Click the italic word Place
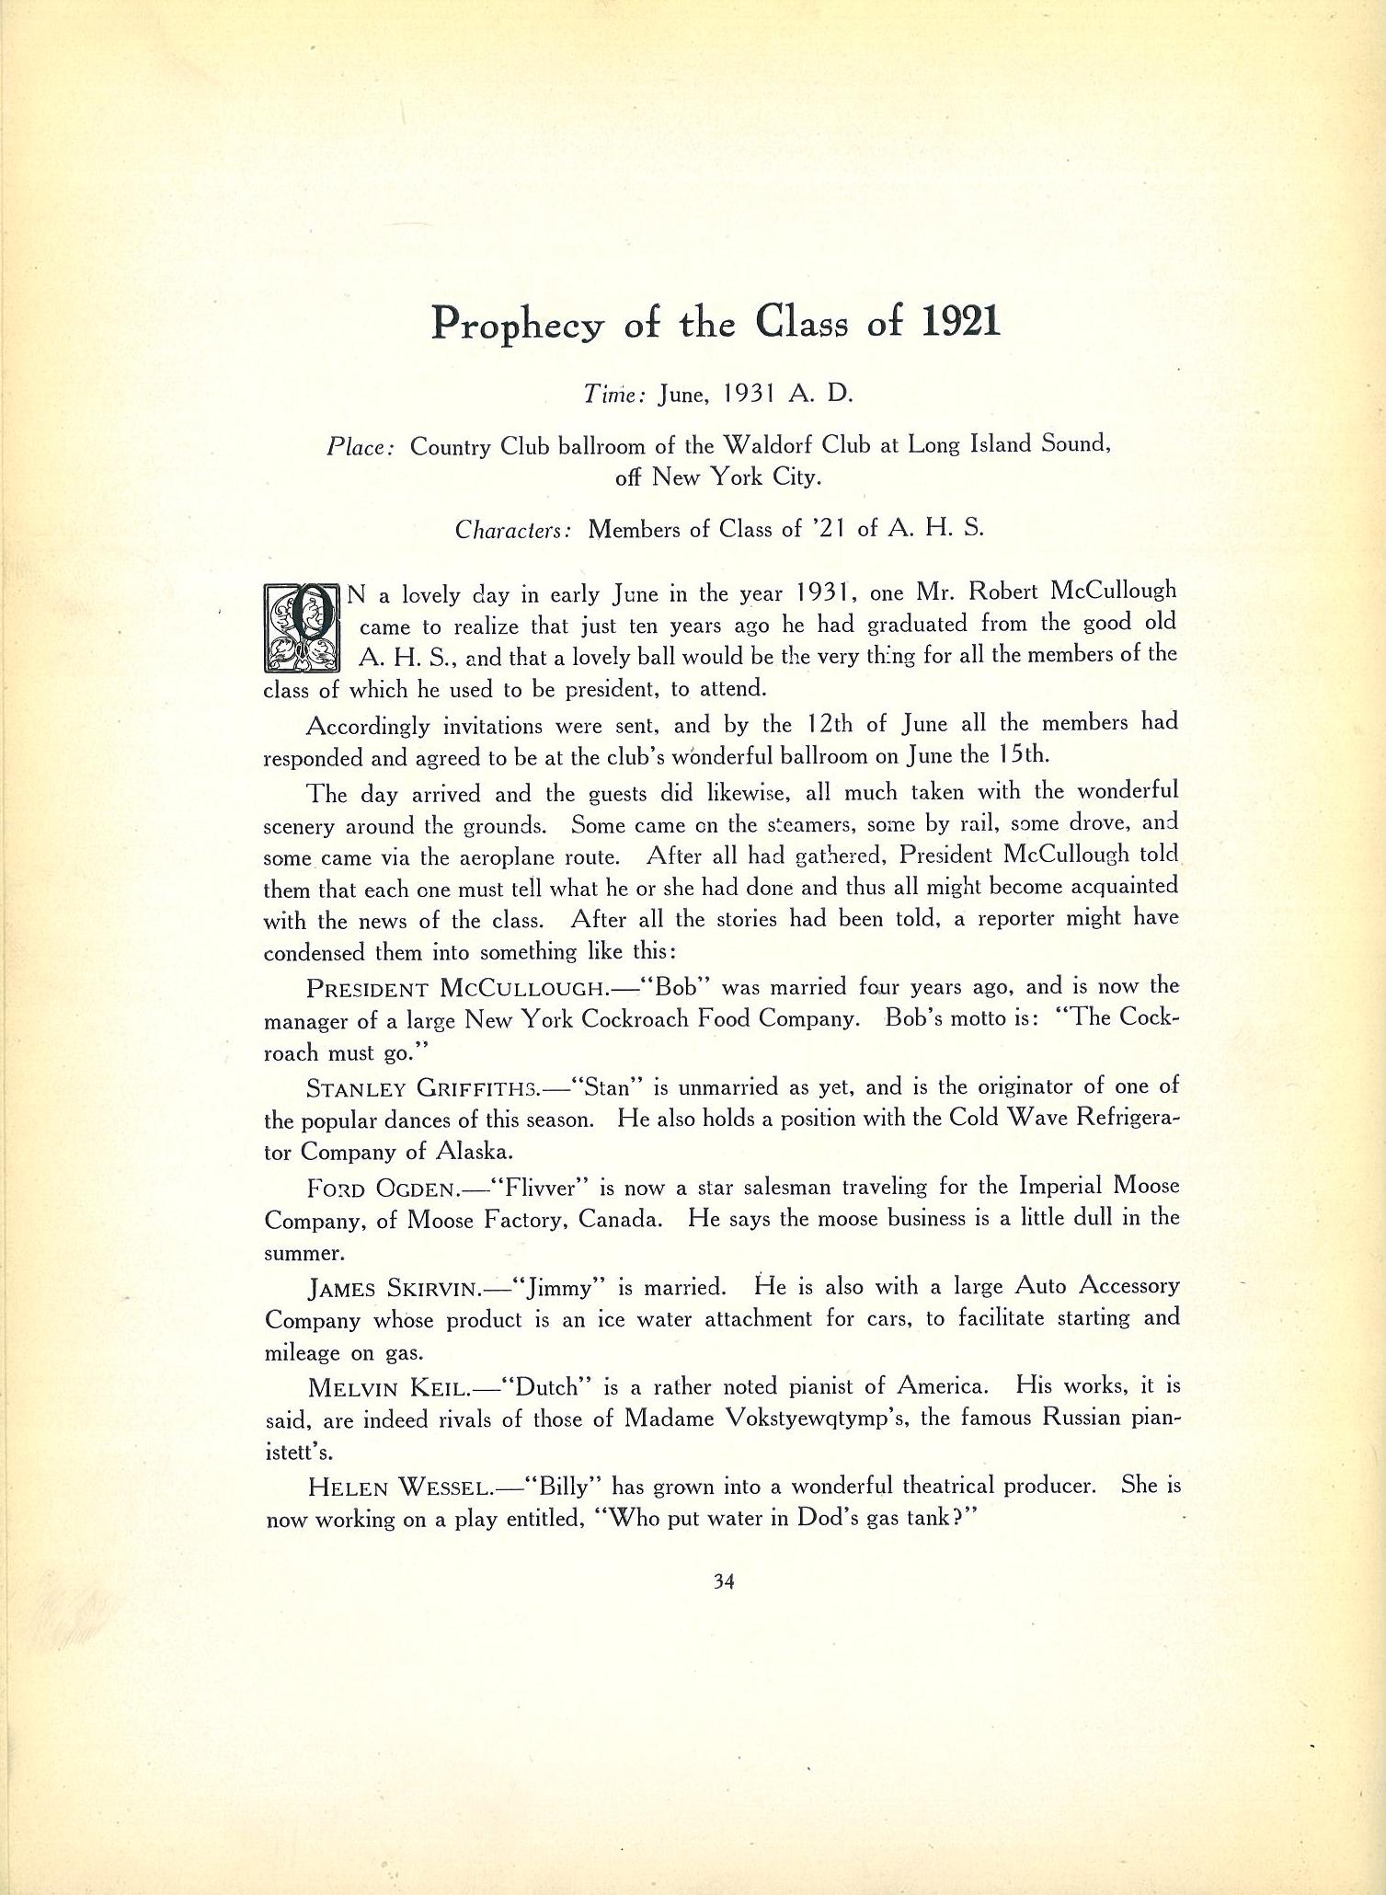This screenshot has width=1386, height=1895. point(361,447)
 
